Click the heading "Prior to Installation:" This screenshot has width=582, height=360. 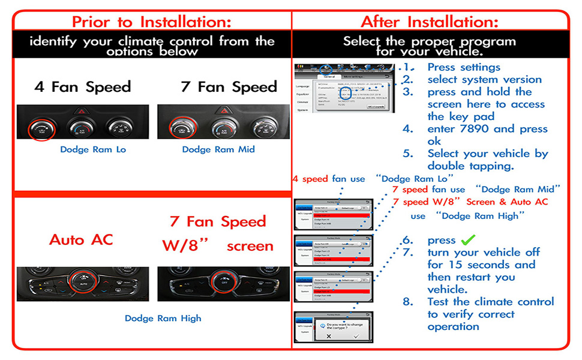pyautogui.click(x=151, y=22)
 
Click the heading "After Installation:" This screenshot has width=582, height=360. pyautogui.click(x=430, y=22)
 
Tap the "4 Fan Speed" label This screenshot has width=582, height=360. pyautogui.click(x=83, y=87)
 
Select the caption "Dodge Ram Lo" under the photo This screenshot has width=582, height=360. pyautogui.click(x=93, y=149)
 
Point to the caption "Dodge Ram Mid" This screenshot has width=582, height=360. pyautogui.click(x=218, y=149)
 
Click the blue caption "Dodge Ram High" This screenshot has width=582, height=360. pyautogui.click(x=163, y=319)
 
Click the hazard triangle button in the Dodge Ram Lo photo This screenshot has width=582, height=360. pyautogui.click(x=82, y=112)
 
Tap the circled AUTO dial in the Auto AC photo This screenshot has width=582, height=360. pyautogui.click(x=83, y=281)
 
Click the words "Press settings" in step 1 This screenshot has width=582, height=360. pyautogui.click(x=464, y=67)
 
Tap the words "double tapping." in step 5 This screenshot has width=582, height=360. pyautogui.click(x=472, y=166)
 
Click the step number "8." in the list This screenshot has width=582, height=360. pyautogui.click(x=408, y=302)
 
